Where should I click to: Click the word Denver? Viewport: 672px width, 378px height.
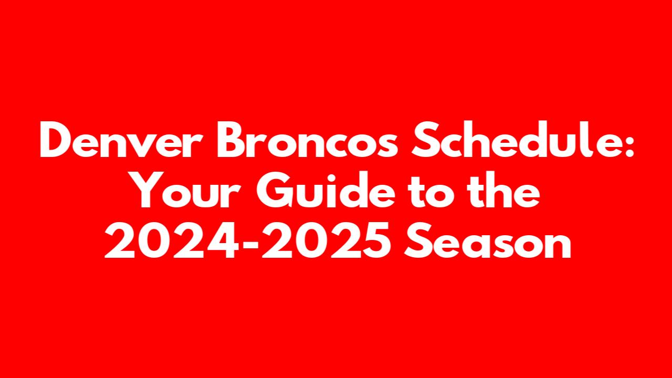click(115, 140)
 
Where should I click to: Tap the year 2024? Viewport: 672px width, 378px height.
click(172, 240)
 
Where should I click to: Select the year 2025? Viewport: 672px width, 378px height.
click(327, 240)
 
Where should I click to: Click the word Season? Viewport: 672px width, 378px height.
click(488, 240)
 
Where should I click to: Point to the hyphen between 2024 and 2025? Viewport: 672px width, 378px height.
click(249, 244)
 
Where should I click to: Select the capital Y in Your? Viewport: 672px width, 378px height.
click(154, 190)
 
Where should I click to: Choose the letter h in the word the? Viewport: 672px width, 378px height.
click(500, 190)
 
